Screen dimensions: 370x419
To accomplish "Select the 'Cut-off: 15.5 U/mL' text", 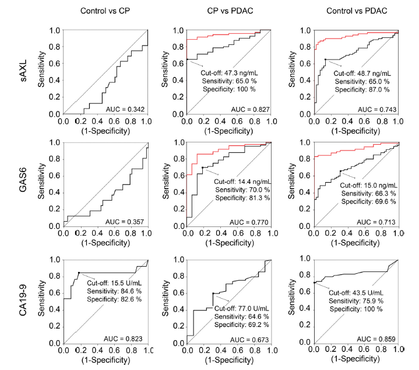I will pos(115,282).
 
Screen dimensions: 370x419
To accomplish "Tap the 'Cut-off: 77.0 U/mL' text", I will pos(243,309).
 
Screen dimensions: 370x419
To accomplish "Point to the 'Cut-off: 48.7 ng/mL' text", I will pos(361,74).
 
